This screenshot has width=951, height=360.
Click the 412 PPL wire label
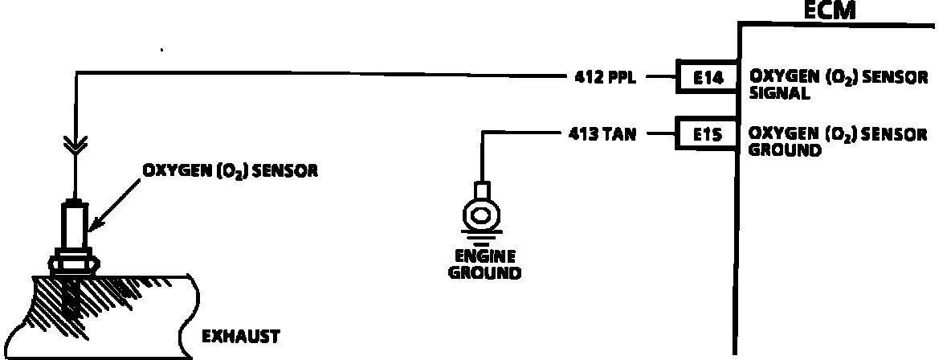point(605,78)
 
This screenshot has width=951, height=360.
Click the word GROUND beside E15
point(785,149)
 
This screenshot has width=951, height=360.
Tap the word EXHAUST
point(240,336)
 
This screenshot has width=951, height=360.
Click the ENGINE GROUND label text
point(484,264)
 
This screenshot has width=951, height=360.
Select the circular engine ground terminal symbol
point(481,215)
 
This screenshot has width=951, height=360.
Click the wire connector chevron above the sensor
point(75,145)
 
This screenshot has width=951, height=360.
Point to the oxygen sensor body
point(75,228)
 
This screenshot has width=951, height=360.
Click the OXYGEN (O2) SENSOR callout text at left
point(230,171)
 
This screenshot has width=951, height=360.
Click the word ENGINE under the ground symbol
point(484,257)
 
